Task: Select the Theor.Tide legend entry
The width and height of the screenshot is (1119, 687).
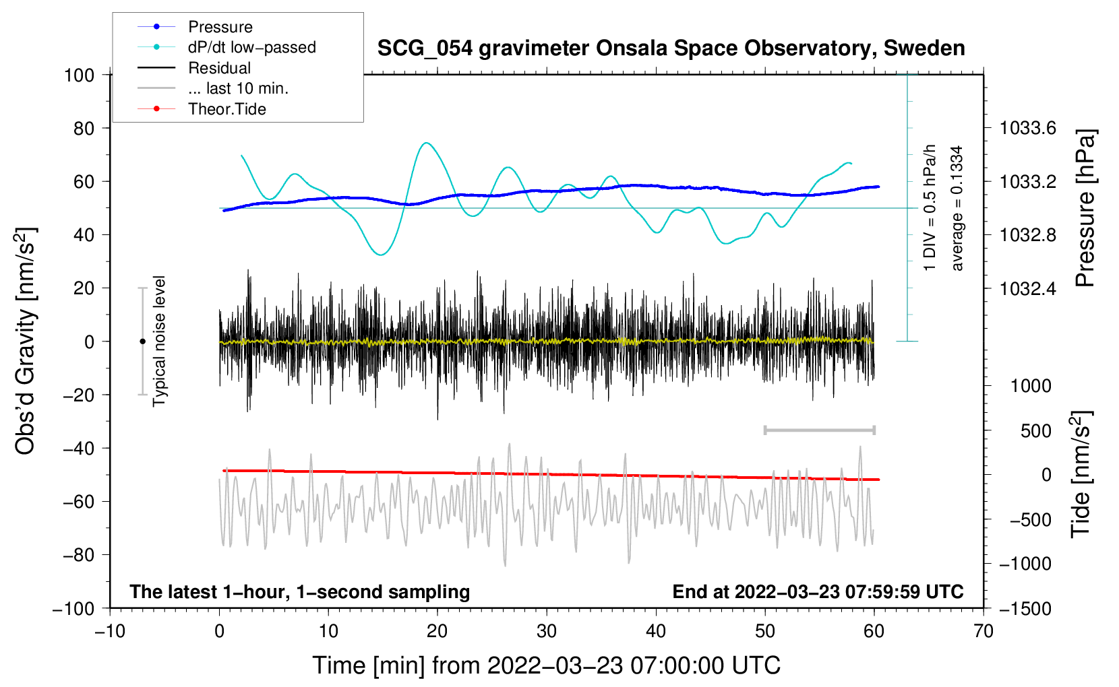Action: [226, 109]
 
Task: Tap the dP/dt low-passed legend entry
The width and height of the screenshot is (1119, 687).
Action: [251, 47]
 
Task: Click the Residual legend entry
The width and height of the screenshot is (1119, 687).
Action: [219, 68]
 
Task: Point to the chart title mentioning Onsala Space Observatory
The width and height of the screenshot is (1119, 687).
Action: [671, 48]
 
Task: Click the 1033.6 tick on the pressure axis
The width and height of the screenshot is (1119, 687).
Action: [1027, 128]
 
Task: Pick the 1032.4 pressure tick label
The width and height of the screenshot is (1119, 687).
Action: [1027, 289]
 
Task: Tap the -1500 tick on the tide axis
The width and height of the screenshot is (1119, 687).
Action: [1025, 609]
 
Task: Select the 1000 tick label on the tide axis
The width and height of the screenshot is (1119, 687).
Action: [1031, 386]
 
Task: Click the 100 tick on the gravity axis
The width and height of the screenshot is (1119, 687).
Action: [80, 75]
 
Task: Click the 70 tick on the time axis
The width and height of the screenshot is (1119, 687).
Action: [984, 631]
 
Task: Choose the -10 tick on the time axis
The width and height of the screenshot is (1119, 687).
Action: [110, 631]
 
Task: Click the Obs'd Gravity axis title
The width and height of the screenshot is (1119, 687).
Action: [25, 341]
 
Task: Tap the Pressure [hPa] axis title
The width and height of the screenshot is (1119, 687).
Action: [1085, 209]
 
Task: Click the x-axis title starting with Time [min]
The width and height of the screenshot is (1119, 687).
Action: [546, 665]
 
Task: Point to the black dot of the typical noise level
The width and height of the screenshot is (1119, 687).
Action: [142, 341]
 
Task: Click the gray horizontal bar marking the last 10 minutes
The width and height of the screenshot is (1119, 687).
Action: [819, 430]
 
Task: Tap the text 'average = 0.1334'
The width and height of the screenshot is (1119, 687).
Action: [957, 209]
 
